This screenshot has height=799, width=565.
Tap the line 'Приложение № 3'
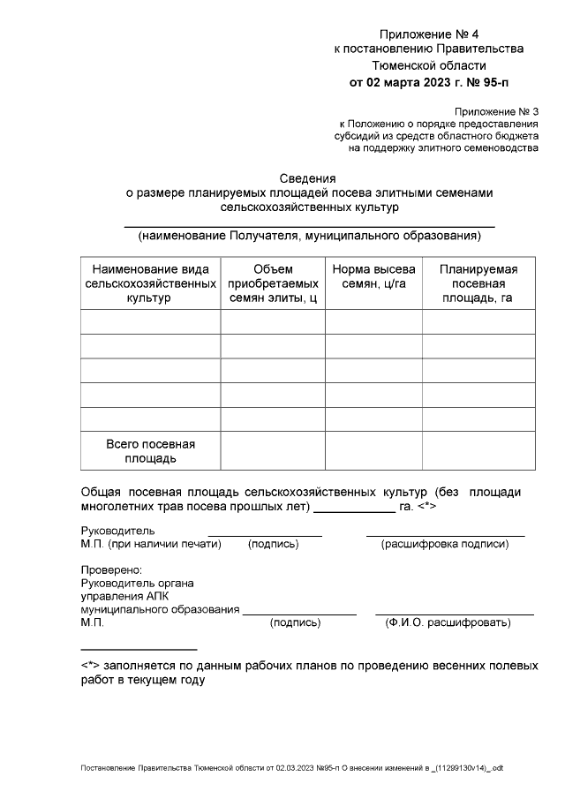[x=495, y=111]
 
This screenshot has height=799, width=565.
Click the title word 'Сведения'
[x=308, y=177]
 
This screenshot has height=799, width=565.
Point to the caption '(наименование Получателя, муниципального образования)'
[x=308, y=236]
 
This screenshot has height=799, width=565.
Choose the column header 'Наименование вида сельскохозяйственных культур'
[x=150, y=283]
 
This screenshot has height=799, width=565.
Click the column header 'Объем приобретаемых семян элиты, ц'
[x=273, y=283]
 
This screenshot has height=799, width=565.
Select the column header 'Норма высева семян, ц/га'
[x=373, y=276]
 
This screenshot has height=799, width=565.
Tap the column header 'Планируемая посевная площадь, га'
[x=478, y=283]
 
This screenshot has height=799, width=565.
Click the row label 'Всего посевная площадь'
[x=150, y=451]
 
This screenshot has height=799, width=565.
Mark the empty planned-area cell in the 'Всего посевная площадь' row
[x=478, y=451]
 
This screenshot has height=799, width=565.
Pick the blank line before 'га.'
[x=355, y=510]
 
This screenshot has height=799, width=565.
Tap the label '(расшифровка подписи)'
[x=445, y=545]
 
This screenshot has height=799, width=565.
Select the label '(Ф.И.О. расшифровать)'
[x=448, y=623]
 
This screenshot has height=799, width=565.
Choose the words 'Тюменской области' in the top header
[x=428, y=65]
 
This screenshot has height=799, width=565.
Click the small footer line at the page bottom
[x=291, y=768]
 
